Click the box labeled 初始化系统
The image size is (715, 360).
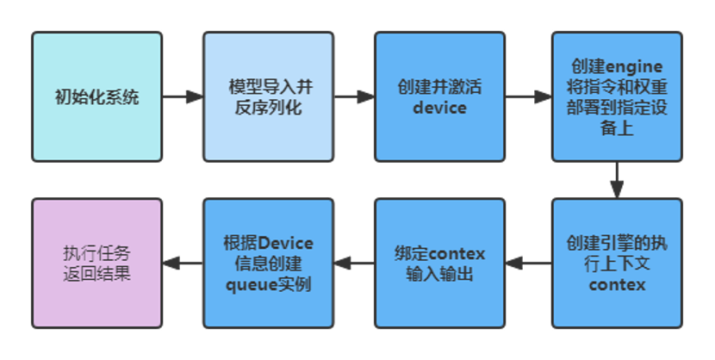tap(96, 96)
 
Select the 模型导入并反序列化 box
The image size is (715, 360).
tap(268, 96)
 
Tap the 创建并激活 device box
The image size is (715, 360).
tap(439, 96)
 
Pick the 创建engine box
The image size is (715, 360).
tap(617, 96)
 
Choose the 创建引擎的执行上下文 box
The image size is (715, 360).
tap(617, 263)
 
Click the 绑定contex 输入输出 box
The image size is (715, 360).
tap(439, 263)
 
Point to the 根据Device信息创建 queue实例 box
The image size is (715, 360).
tap(268, 263)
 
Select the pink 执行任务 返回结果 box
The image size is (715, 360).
tap(96, 263)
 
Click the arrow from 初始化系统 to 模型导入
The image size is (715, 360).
tap(182, 96)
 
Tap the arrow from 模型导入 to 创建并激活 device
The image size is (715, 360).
tap(353, 96)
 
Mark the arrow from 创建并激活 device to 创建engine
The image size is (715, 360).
tap(527, 96)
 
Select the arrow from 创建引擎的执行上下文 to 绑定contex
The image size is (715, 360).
tap(527, 263)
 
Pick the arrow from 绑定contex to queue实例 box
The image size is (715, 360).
tap(353, 263)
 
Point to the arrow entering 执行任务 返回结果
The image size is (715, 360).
tap(182, 263)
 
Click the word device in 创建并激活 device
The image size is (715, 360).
tap(439, 108)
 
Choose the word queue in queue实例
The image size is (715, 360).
tap(250, 284)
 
